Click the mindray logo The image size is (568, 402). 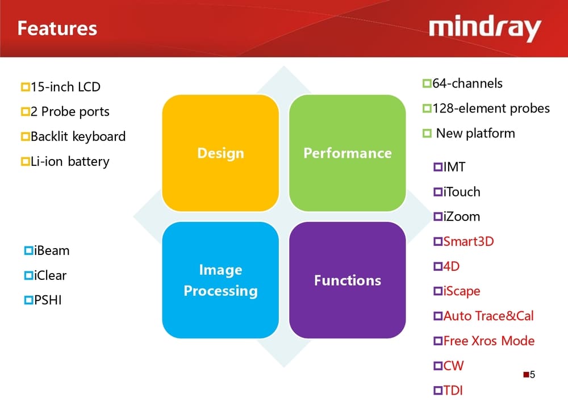[x=485, y=28]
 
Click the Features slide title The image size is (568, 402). [x=57, y=28]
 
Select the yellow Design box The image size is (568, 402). [x=220, y=153]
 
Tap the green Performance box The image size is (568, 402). [x=348, y=153]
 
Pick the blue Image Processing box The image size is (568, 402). [x=220, y=280]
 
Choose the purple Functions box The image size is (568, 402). [x=348, y=280]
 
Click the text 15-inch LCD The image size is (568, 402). [x=65, y=87]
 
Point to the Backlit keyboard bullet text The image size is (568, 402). [x=78, y=137]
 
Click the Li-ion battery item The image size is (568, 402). [x=70, y=162]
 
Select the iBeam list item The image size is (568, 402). [x=51, y=250]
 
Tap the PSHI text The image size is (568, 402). [x=48, y=300]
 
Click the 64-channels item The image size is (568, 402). [x=467, y=84]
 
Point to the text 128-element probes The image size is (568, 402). [x=491, y=108]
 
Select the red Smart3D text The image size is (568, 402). [x=469, y=242]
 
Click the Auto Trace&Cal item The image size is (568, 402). [x=488, y=316]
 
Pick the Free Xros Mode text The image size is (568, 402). [x=489, y=341]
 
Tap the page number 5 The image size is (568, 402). [x=532, y=375]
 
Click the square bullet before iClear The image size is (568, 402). [x=28, y=276]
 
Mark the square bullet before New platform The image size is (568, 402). [x=427, y=134]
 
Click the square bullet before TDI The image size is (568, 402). [x=438, y=391]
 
